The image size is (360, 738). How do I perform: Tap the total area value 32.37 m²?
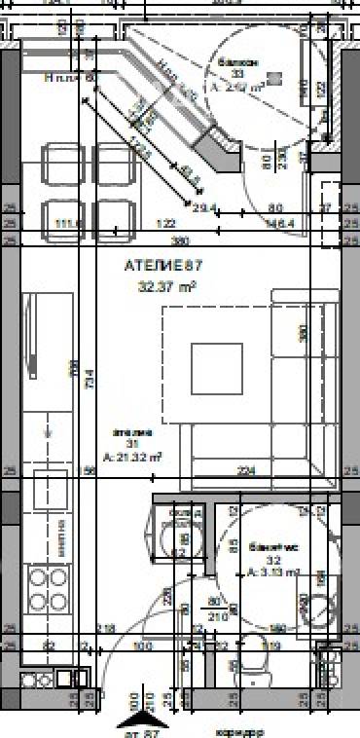point(167,286)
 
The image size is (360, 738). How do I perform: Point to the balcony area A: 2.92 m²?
point(237,88)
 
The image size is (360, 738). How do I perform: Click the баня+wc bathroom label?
point(265,547)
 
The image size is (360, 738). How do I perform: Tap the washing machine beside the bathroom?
point(180,534)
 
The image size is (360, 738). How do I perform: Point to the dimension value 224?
point(246,471)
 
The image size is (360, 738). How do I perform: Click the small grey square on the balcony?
point(275,76)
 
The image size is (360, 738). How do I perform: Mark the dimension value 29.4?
point(203,208)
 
